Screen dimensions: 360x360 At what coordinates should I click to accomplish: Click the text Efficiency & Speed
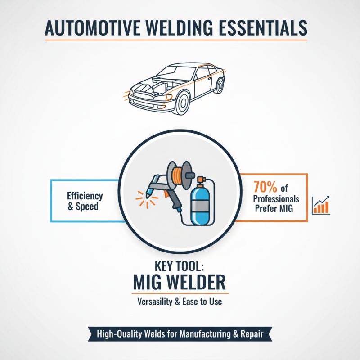[x=85, y=201]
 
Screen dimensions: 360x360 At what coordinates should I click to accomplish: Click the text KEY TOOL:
[x=180, y=264]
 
